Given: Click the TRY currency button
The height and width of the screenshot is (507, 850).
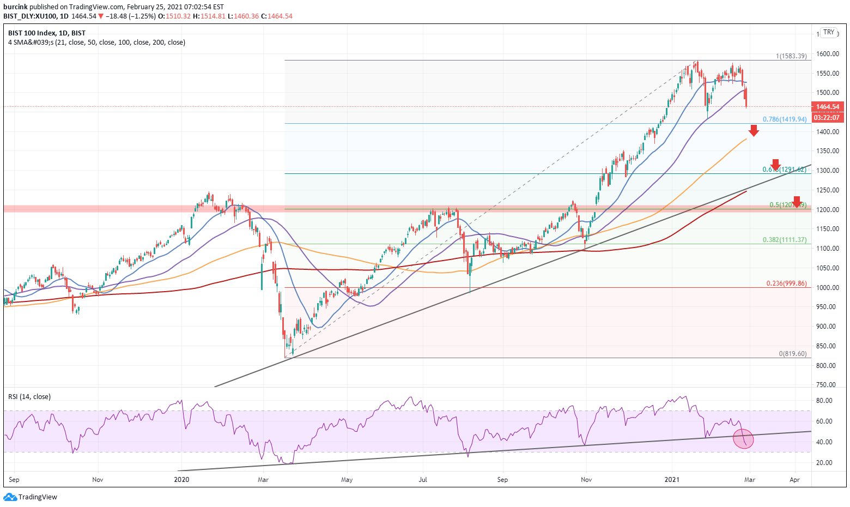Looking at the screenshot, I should point(829,33).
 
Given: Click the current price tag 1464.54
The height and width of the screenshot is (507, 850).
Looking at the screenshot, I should point(827,107).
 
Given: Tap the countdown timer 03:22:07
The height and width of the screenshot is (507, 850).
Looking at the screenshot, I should point(827,117).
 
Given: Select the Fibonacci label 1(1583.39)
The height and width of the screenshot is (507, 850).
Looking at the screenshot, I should point(791,56).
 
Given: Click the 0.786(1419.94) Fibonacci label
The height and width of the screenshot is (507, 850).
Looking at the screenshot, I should point(785,119).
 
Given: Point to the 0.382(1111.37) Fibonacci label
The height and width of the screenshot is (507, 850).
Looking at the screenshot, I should point(784,240).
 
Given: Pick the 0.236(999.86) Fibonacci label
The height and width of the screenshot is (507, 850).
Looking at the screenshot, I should point(786,283).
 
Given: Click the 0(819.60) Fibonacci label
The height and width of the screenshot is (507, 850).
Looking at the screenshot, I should point(792,354).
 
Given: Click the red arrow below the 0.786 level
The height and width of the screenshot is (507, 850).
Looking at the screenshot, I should point(754,130).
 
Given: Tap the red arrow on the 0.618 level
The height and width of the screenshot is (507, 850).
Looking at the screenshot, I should point(775,165).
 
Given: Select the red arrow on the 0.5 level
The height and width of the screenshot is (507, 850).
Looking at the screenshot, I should point(797,202).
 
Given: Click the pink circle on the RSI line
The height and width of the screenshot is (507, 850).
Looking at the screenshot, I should point(744,439).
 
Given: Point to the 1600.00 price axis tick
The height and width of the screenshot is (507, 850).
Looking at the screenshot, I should point(827,54).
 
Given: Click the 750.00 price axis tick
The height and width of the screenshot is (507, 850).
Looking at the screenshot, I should point(825,385).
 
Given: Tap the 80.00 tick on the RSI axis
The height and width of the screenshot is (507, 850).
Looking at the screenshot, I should point(824,401).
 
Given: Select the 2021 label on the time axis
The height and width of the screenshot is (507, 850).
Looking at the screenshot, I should point(672,480).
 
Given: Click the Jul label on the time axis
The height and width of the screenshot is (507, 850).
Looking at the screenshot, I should point(422,480).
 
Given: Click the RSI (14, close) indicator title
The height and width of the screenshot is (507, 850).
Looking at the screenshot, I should point(29,397).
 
